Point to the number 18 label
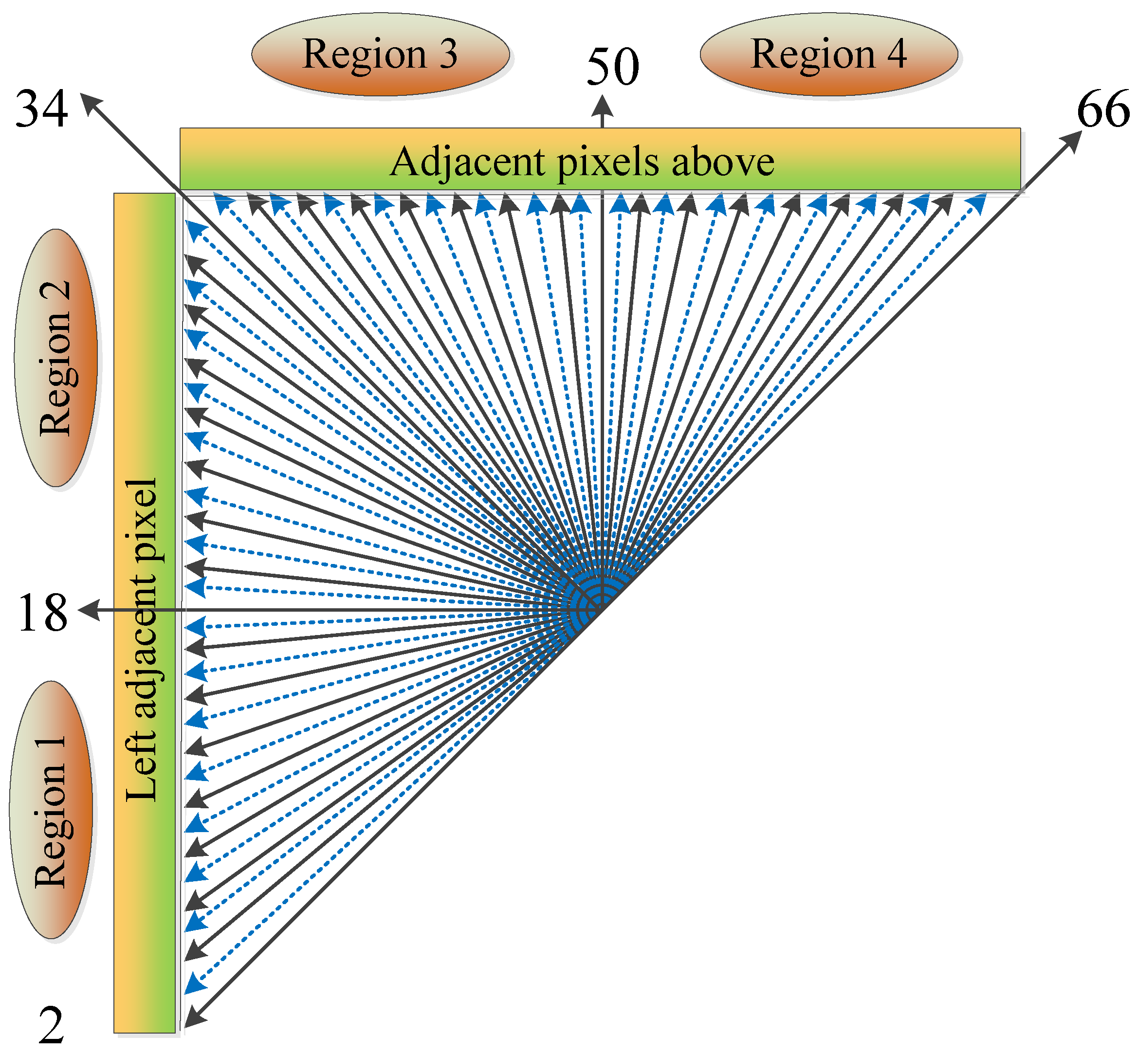point(43,613)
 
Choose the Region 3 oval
point(380,55)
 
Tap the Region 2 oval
point(56,358)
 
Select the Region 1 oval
point(51,810)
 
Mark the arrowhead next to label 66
point(1071,140)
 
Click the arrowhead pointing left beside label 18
point(89,610)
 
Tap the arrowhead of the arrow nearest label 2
point(194,1018)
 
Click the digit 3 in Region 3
point(448,55)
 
